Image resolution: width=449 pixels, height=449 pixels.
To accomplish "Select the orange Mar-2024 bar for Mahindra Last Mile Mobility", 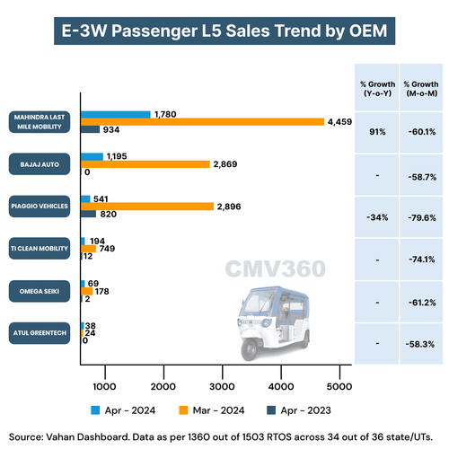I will click(x=202, y=121).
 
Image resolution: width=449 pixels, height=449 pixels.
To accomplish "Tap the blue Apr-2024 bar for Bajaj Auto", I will click(x=92, y=156).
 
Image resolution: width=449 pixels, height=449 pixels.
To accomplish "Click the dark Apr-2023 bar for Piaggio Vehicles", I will click(x=88, y=214).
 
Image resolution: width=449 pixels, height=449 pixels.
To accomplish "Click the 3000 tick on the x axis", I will click(x=221, y=385).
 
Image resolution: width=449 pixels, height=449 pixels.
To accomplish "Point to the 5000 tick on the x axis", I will click(x=338, y=385).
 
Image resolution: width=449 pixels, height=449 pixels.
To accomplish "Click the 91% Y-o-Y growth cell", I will click(x=376, y=131).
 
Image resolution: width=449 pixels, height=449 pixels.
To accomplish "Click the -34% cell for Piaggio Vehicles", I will click(x=376, y=216).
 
